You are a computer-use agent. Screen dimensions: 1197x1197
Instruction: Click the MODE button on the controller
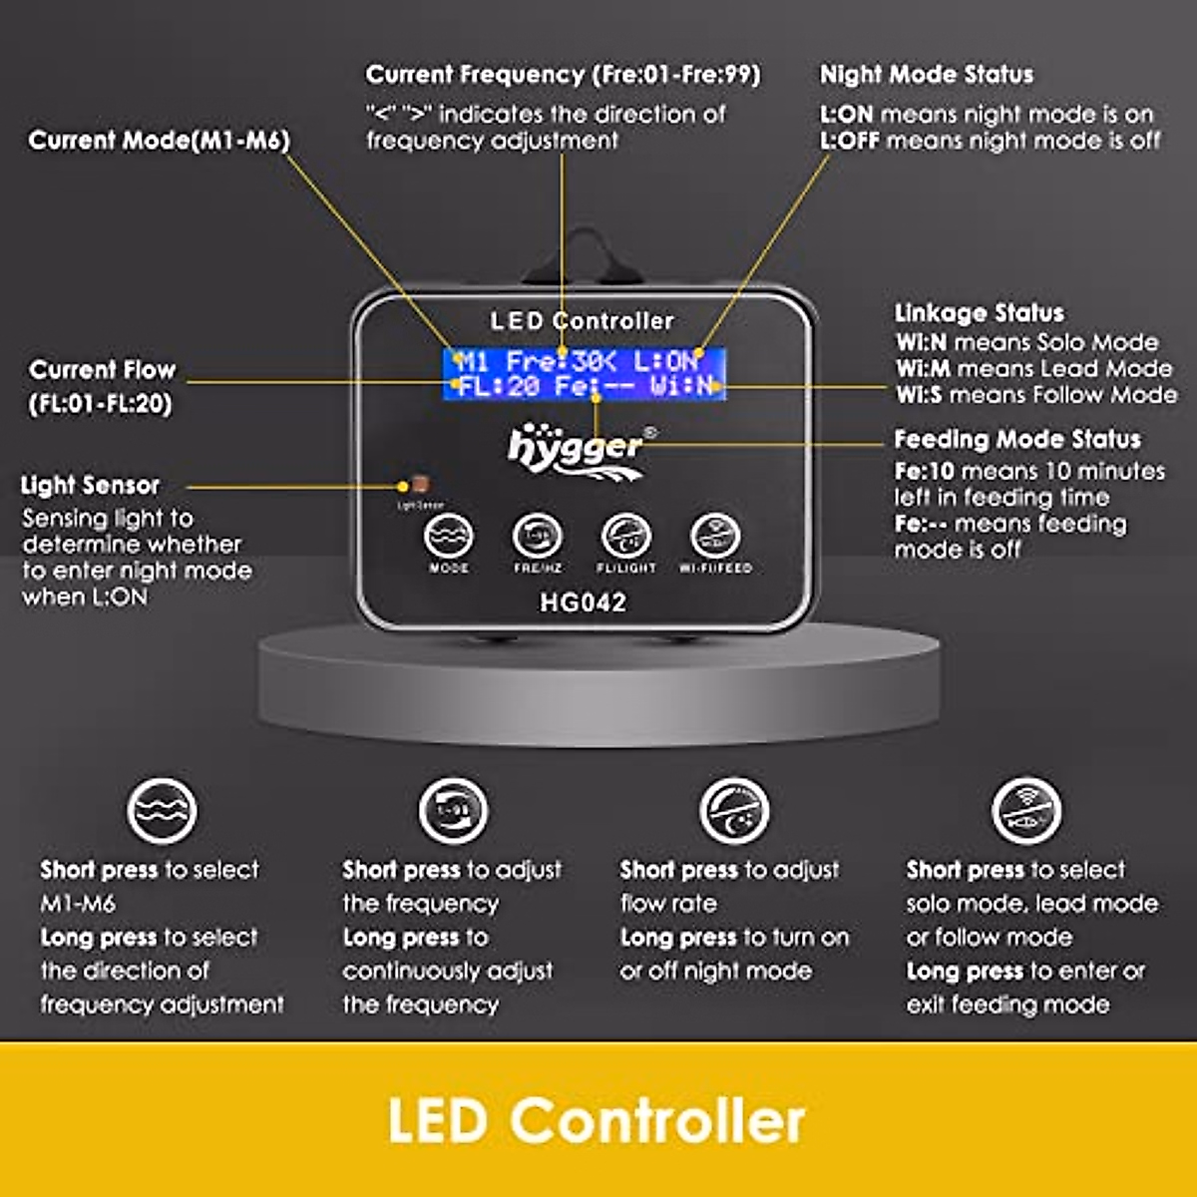point(448,538)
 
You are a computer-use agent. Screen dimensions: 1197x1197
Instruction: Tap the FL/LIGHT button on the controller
point(626,538)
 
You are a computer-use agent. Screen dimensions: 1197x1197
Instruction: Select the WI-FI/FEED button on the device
point(715,538)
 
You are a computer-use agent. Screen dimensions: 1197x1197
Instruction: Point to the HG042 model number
point(583,602)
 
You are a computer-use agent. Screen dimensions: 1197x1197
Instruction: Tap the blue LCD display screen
point(585,374)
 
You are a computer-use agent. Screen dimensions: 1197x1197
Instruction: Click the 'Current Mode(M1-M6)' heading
point(160,140)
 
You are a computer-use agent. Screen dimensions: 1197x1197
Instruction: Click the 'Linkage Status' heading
point(979,313)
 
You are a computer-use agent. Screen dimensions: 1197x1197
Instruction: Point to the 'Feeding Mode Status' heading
point(1016,439)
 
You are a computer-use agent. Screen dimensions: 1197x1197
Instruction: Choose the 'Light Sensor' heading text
point(91,486)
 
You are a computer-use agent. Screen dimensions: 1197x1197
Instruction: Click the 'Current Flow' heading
point(103,370)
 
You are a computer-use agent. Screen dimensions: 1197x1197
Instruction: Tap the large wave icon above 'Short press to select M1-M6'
point(162,810)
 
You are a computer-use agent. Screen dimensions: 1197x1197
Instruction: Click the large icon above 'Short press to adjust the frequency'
point(453,810)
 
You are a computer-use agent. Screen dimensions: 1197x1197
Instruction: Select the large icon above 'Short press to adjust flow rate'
point(734,810)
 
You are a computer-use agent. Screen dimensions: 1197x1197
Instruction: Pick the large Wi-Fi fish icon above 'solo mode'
point(1026,810)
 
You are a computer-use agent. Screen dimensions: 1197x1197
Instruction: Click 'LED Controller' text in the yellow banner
point(597,1120)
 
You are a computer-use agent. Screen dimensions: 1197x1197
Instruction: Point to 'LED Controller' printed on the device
point(583,321)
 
